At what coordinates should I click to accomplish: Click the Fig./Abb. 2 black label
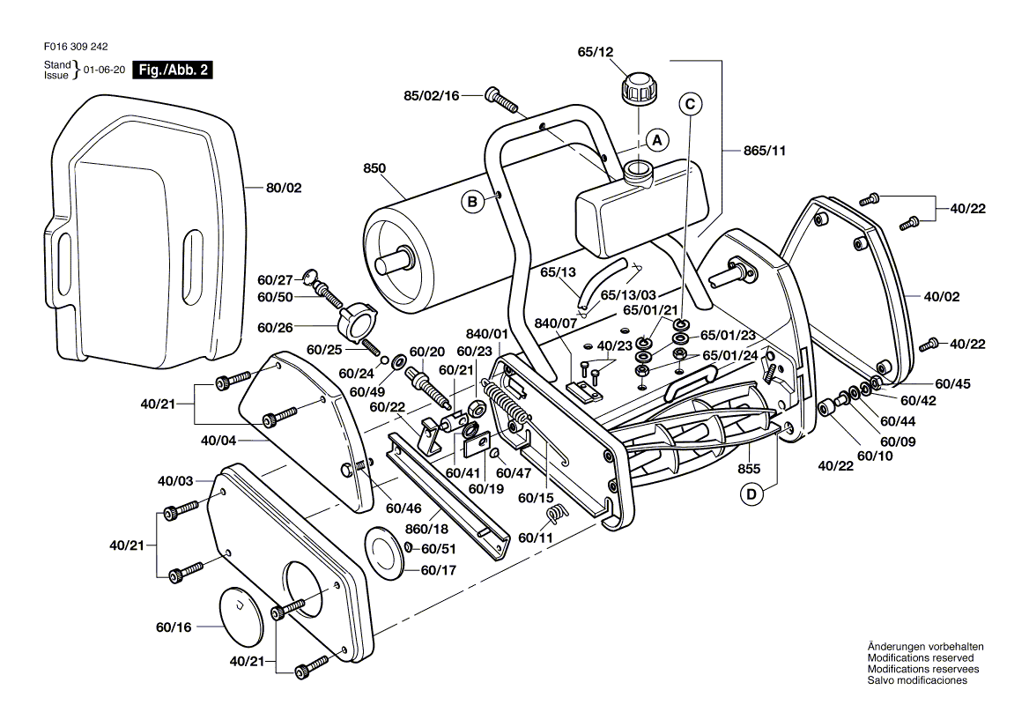click(x=172, y=70)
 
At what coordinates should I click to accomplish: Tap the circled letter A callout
click(x=655, y=139)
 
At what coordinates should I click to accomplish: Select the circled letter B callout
click(x=472, y=202)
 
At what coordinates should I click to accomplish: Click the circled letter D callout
click(x=751, y=494)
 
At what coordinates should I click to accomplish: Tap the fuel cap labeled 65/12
click(x=638, y=88)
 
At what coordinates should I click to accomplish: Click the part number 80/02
click(x=284, y=188)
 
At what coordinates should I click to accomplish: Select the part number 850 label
click(x=375, y=167)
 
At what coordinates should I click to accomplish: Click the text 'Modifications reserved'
click(x=921, y=658)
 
